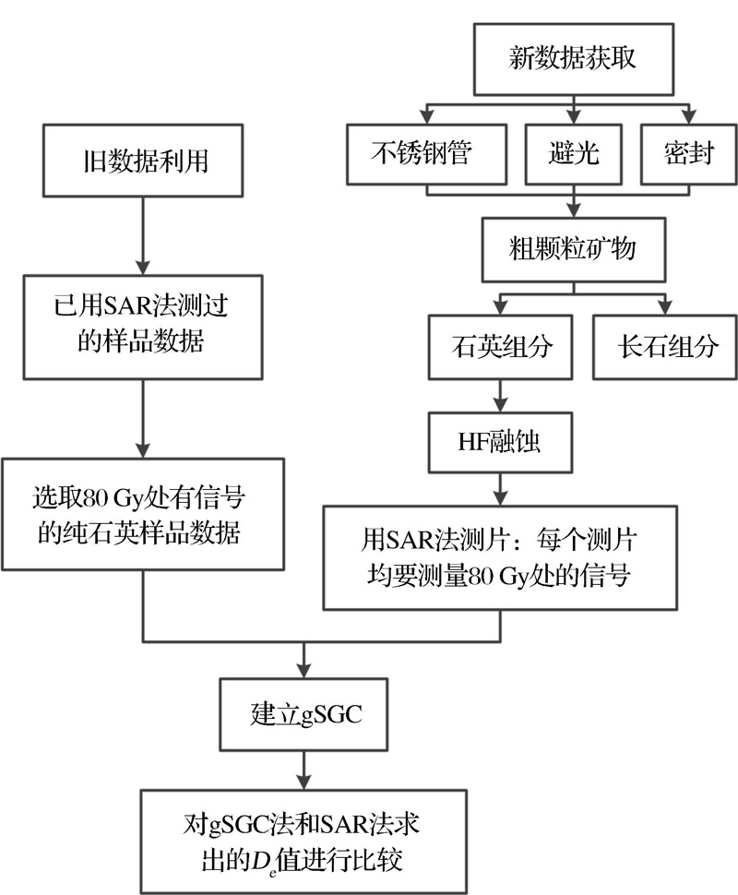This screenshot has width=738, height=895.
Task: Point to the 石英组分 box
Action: [499, 347]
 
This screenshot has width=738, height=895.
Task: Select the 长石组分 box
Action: [663, 347]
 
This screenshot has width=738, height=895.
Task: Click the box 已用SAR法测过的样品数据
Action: [140, 327]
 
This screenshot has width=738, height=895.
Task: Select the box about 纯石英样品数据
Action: [140, 517]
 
